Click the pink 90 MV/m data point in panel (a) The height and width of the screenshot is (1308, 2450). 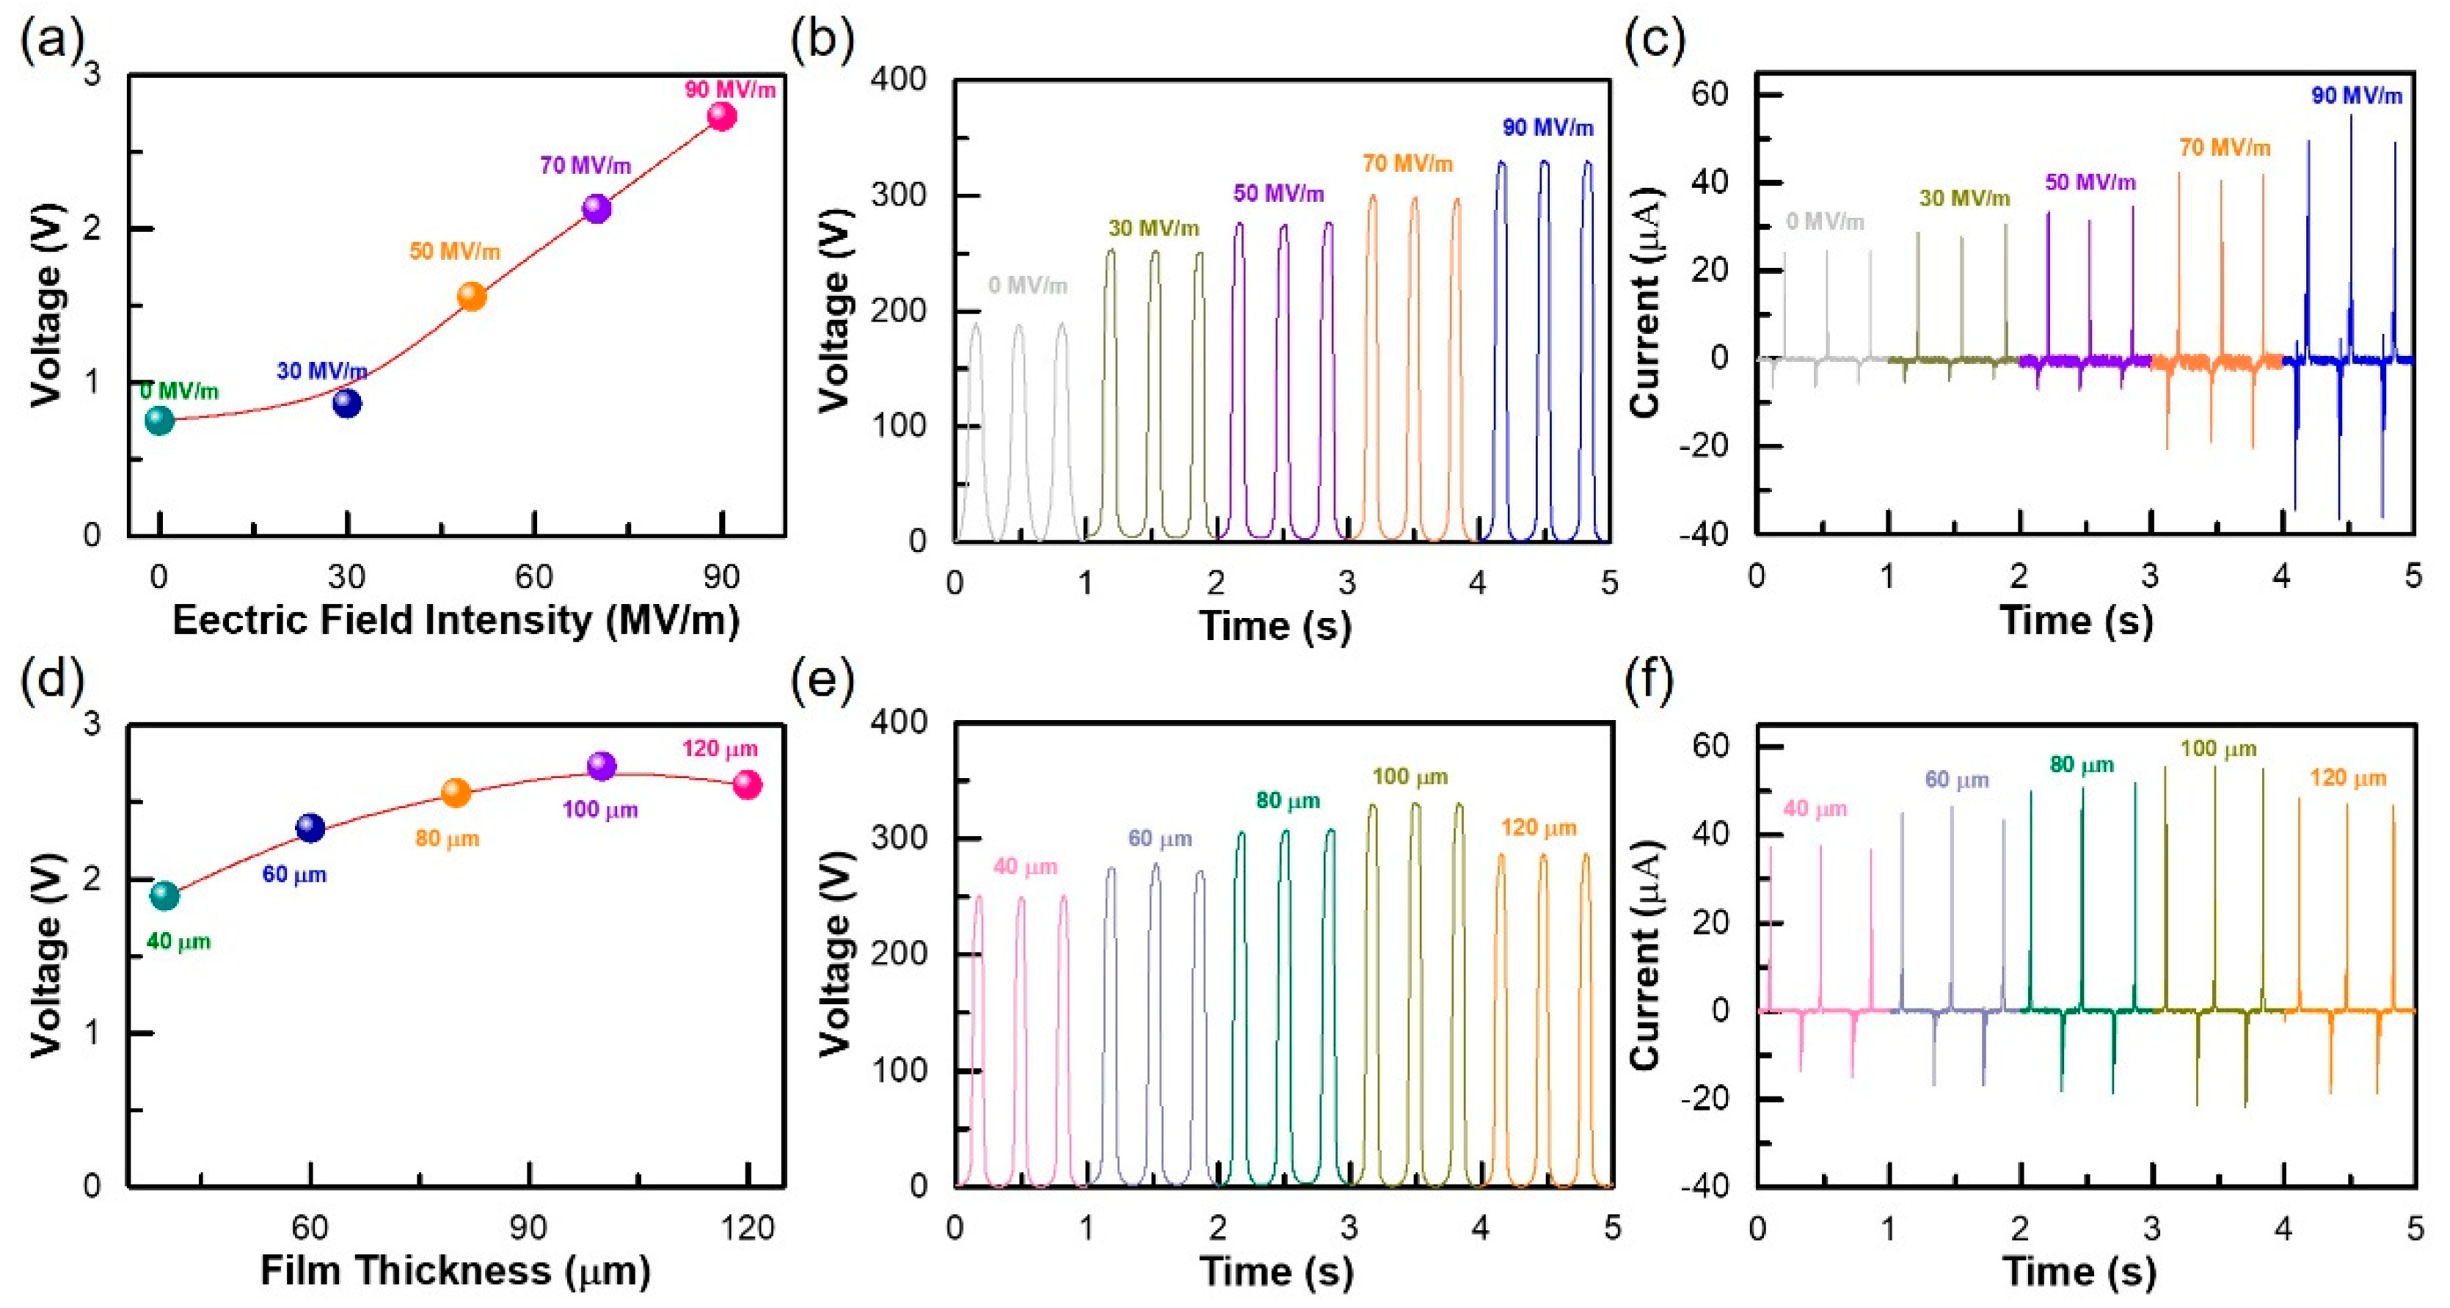(x=722, y=117)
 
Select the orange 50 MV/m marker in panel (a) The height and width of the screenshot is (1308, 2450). (x=472, y=297)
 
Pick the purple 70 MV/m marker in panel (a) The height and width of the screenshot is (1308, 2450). (x=597, y=208)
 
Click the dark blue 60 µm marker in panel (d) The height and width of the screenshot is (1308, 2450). (x=310, y=828)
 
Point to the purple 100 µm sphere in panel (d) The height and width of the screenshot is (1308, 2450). (x=601, y=766)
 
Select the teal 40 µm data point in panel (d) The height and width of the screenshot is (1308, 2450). (x=164, y=895)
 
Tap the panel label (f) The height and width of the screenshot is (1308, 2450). (x=1648, y=681)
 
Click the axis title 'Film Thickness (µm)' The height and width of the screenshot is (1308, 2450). (x=456, y=1271)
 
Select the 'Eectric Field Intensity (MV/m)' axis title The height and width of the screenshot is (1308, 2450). (x=456, y=620)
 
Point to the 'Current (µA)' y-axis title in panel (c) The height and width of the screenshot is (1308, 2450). (x=1644, y=302)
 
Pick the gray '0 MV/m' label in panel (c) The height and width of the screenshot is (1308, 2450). (x=1824, y=222)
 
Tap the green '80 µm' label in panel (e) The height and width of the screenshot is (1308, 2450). (x=1288, y=801)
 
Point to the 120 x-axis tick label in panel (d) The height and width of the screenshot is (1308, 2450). (x=748, y=1228)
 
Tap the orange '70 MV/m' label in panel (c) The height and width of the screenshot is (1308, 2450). (x=2225, y=148)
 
